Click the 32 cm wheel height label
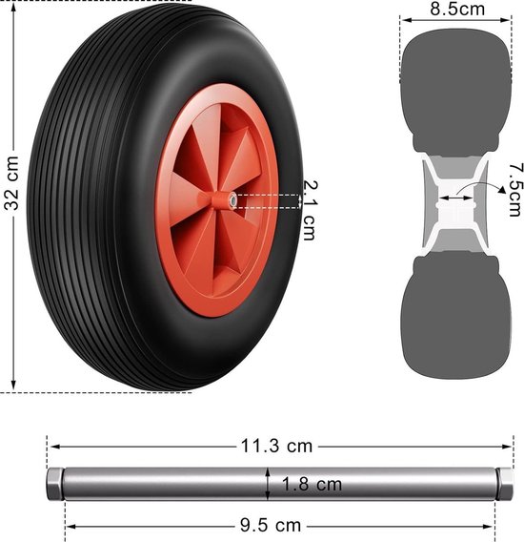[x=11, y=183]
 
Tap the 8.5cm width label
[x=457, y=9]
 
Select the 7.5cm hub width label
[x=516, y=190]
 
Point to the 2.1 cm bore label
[x=310, y=210]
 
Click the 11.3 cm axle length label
[x=276, y=446]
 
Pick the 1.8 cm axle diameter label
[x=312, y=484]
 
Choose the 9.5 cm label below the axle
[x=271, y=526]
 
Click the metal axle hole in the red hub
[x=233, y=199]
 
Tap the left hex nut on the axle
[x=54, y=484]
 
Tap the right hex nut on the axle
[x=505, y=484]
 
